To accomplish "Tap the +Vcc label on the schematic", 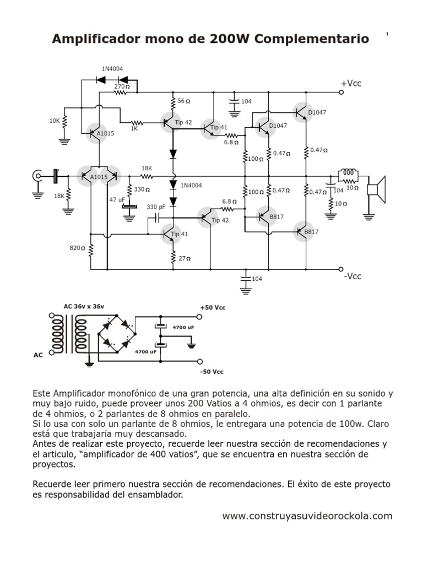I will (351, 83).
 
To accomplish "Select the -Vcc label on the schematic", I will (352, 276).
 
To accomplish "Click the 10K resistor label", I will (55, 120).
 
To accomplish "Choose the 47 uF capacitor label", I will (117, 200).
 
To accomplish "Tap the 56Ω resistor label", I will (184, 101).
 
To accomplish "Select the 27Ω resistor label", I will (185, 258).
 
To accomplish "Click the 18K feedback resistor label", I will (147, 169).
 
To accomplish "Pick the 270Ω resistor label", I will (122, 86).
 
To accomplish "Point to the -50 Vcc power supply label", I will (212, 372).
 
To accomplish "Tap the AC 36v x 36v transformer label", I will (83, 306).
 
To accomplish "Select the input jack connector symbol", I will (37, 176).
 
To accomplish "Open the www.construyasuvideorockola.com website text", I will (307, 516).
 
